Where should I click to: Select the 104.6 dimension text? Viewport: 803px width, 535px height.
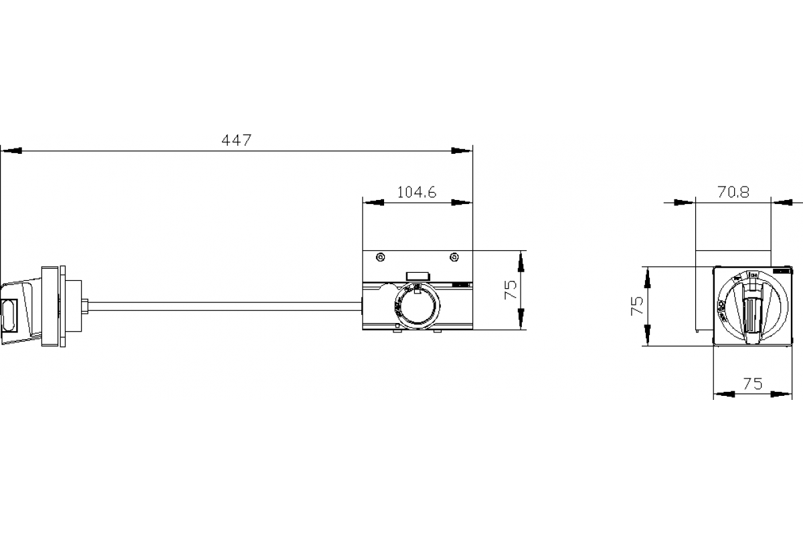tap(416, 193)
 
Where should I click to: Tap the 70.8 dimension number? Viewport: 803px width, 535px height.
tap(733, 193)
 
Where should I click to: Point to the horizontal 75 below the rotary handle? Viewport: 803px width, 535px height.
tap(753, 384)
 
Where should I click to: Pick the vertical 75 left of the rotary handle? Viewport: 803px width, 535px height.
tap(637, 305)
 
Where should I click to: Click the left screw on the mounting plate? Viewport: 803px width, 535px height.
tap(381, 257)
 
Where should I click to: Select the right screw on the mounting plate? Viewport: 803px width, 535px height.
tap(454, 257)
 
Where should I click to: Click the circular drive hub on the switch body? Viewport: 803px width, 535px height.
tap(416, 308)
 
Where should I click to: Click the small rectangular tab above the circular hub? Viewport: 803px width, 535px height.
tap(418, 275)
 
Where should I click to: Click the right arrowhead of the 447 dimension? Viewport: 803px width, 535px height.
tap(462, 150)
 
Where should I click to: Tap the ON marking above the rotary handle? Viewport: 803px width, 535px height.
tap(752, 275)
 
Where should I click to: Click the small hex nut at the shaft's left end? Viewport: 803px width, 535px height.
tap(85, 306)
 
